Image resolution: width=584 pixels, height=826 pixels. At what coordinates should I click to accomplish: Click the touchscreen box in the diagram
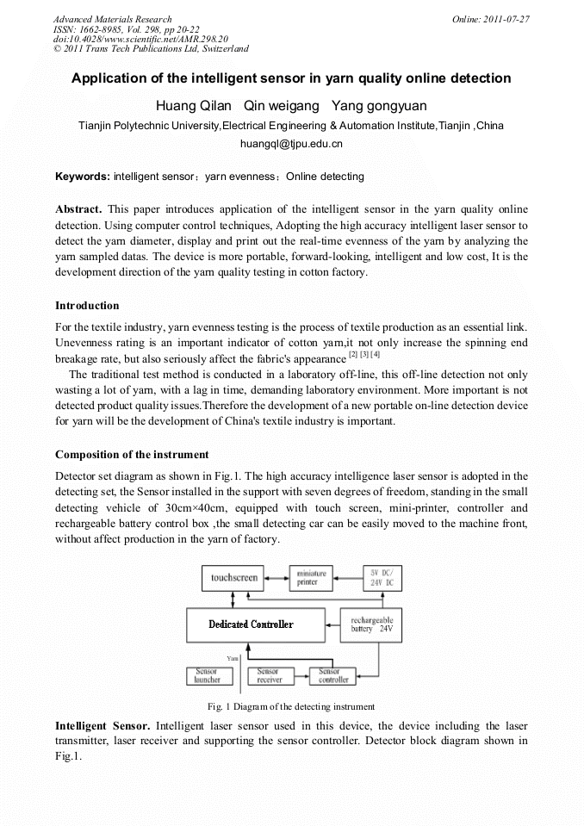pos(234,578)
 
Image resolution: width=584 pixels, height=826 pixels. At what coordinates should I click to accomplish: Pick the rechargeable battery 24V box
pos(371,624)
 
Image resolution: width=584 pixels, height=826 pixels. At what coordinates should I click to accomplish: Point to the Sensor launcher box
pos(209,675)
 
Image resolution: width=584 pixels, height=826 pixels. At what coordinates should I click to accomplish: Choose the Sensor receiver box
pos(270,675)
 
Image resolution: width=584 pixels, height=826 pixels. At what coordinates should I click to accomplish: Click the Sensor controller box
pos(333,675)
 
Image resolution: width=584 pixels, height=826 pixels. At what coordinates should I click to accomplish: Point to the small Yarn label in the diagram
pos(232,658)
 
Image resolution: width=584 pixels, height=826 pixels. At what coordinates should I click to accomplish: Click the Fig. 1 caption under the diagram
pos(291,706)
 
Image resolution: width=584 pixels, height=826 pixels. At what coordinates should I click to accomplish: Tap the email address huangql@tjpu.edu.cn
pos(291,144)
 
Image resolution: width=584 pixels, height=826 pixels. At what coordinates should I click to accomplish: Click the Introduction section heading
pos(87,306)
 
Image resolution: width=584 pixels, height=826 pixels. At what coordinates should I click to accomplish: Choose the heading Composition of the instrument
pos(132,454)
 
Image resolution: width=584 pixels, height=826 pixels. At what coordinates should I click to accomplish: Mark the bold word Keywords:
pos(83,177)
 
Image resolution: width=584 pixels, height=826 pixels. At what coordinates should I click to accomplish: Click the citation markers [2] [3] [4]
pos(364,355)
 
